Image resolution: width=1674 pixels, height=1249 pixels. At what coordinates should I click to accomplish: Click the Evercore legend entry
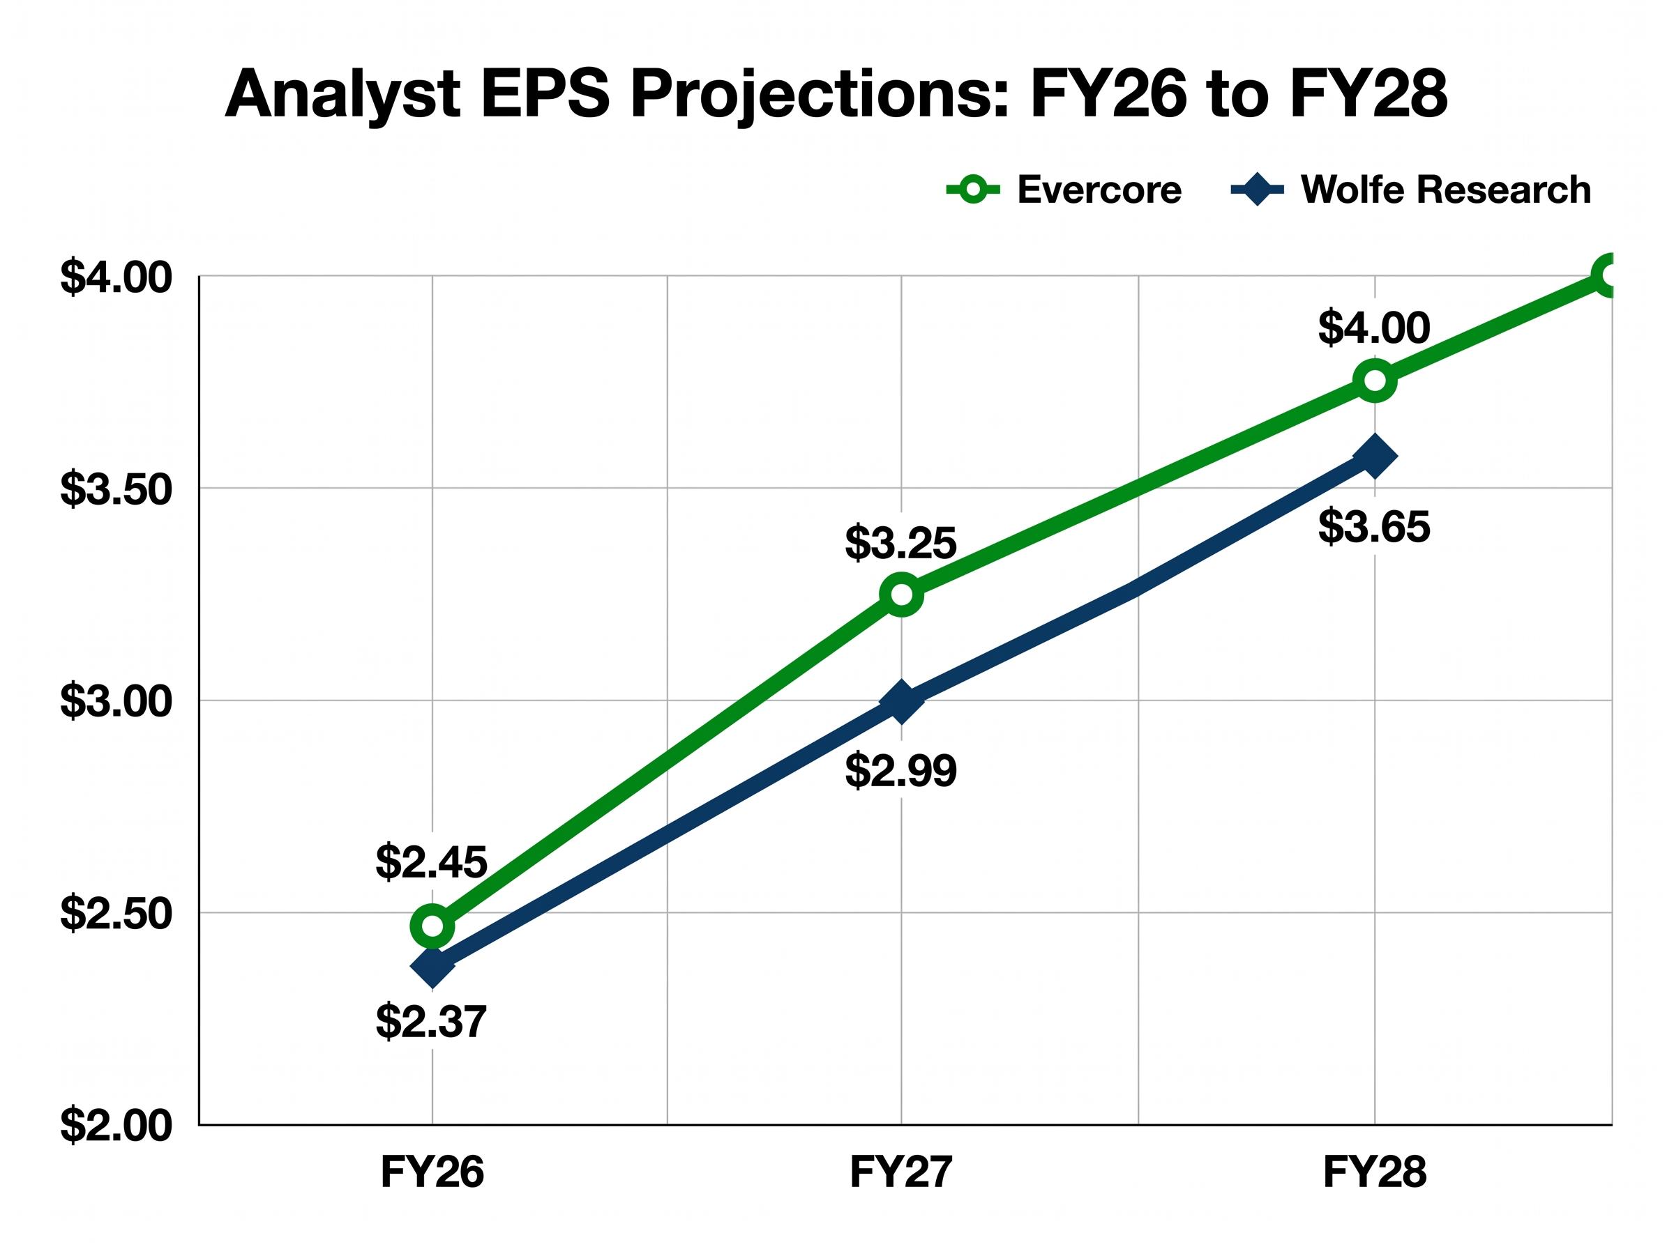pyautogui.click(x=1063, y=189)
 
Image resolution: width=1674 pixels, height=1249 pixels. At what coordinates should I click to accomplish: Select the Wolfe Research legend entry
pyautogui.click(x=1411, y=189)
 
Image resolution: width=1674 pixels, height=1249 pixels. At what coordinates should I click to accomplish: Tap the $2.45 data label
pyautogui.click(x=431, y=862)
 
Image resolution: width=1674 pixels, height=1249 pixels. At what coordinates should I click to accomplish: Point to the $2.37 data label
pyautogui.click(x=431, y=1022)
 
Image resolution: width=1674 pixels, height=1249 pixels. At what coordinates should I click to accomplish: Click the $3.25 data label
pyautogui.click(x=901, y=543)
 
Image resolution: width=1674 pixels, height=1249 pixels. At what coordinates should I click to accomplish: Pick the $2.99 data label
pyautogui.click(x=901, y=771)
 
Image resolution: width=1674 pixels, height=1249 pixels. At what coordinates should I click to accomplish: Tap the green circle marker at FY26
pyautogui.click(x=432, y=926)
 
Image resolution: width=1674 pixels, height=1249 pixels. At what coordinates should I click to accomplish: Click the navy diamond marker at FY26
pyautogui.click(x=432, y=966)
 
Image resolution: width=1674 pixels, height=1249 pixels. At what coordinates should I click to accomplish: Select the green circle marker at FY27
pyautogui.click(x=901, y=595)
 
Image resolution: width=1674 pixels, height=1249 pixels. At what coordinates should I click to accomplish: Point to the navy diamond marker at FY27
pyautogui.click(x=901, y=702)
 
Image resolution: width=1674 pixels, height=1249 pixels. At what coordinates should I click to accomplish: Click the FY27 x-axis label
pyautogui.click(x=901, y=1172)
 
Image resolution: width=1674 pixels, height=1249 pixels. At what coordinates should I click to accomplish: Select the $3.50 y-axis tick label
pyautogui.click(x=116, y=489)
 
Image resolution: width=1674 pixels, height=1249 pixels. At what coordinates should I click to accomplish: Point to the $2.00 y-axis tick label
pyautogui.click(x=116, y=1126)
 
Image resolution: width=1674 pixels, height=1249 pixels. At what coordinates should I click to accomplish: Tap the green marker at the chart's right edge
pyautogui.click(x=1610, y=275)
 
